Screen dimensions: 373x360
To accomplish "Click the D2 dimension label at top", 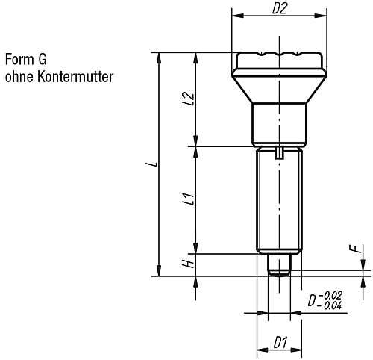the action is [280, 9].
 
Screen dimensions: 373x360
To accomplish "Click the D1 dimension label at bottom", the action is [280, 343].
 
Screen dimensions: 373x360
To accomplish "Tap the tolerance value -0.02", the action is [330, 295].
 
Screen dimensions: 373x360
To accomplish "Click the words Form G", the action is [26, 60].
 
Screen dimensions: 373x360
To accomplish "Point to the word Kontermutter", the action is [75, 76].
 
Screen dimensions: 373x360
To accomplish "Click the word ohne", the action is [19, 76].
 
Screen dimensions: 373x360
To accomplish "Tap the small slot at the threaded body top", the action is [279, 152].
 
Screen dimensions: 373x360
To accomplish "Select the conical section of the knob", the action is [280, 90].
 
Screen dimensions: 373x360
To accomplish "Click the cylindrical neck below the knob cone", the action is [280, 125].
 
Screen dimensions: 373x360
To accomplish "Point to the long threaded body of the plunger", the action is [280, 200].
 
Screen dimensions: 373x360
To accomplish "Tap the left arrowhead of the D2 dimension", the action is [237, 16].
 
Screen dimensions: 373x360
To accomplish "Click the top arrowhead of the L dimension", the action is [159, 58].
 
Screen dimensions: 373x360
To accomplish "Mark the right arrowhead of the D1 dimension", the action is [296, 350].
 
